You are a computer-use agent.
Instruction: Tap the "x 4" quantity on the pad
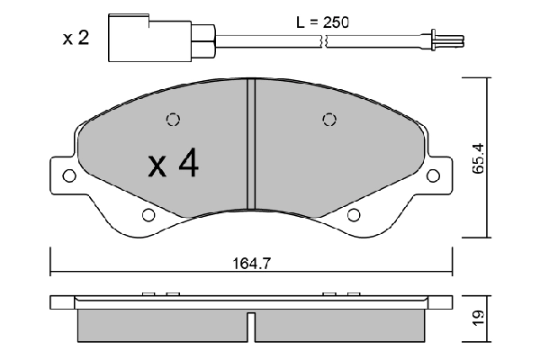pyautogui.click(x=174, y=163)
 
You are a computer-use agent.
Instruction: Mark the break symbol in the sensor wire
pyautogui.click(x=320, y=39)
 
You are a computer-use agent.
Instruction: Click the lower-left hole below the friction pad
pyautogui.click(x=148, y=214)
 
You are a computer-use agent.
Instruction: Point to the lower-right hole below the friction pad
pyautogui.click(x=354, y=214)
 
